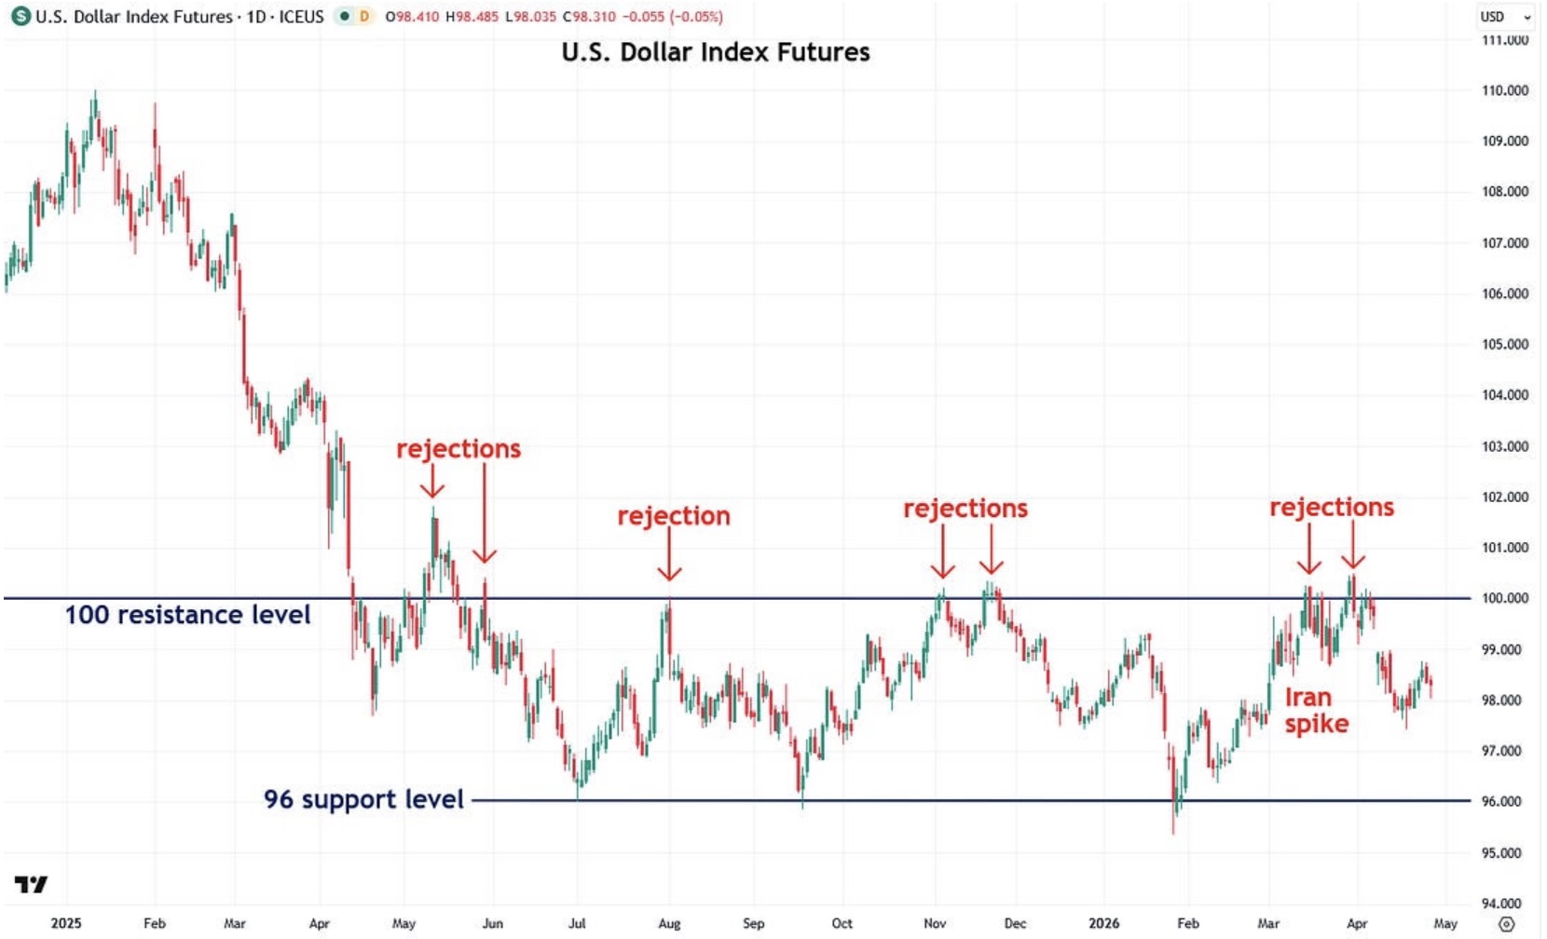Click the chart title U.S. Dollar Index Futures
click(x=715, y=52)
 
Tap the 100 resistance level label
click(x=187, y=615)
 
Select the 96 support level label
click(x=363, y=799)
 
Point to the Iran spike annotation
click(x=1316, y=711)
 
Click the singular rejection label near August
click(x=674, y=516)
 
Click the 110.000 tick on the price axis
click(x=1504, y=90)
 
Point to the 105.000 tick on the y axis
click(x=1504, y=345)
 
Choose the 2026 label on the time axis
click(x=1103, y=923)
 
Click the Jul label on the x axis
click(x=577, y=923)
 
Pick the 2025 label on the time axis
click(x=65, y=923)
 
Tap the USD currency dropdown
click(x=1504, y=17)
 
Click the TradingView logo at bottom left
click(x=31, y=884)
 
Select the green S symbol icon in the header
click(x=20, y=17)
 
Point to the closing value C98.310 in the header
click(x=589, y=17)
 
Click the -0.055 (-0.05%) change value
click(x=671, y=17)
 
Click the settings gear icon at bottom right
click(x=1506, y=924)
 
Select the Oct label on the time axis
click(x=842, y=923)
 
